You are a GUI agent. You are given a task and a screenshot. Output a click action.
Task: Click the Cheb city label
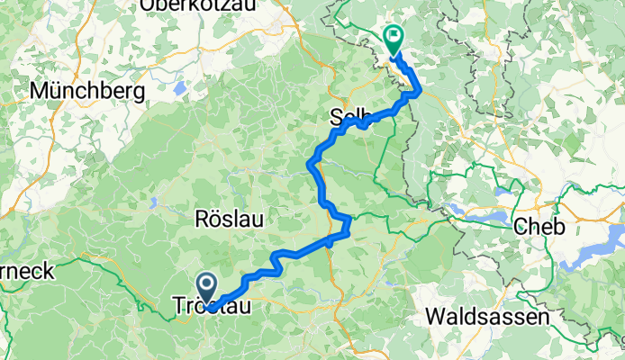(539, 227)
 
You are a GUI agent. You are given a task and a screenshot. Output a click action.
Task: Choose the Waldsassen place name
(485, 316)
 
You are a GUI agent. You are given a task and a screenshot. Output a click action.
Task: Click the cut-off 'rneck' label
(27, 270)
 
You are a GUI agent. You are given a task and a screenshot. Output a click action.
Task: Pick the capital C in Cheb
(520, 227)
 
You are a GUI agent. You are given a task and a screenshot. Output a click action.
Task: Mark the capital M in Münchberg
(40, 91)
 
